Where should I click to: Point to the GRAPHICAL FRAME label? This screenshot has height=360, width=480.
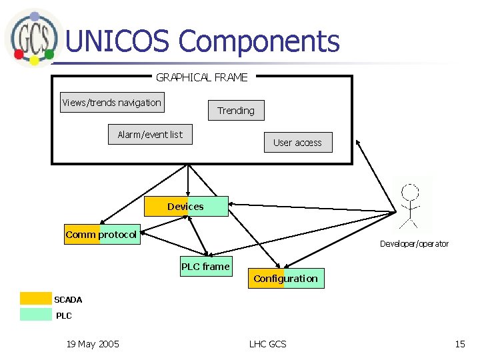pyautogui.click(x=201, y=77)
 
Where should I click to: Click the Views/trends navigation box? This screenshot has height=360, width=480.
pyautogui.click(x=111, y=103)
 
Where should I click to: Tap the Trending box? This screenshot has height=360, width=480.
pyautogui.click(x=235, y=111)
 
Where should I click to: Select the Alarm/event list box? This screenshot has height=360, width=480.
pyautogui.click(x=150, y=135)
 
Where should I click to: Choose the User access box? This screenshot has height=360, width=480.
pyautogui.click(x=297, y=143)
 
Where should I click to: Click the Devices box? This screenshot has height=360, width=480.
pyautogui.click(x=186, y=207)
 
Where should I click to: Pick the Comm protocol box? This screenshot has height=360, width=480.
pyautogui.click(x=101, y=235)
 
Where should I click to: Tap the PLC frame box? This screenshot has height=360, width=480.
pyautogui.click(x=205, y=267)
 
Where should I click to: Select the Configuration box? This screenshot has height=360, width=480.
pyautogui.click(x=286, y=279)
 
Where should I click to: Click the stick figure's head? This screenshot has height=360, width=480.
pyautogui.click(x=411, y=193)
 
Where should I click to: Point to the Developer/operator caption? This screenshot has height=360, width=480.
pyautogui.click(x=414, y=244)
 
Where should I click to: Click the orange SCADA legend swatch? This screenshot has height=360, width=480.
pyautogui.click(x=35, y=299)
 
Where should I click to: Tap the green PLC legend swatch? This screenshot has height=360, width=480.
pyautogui.click(x=35, y=314)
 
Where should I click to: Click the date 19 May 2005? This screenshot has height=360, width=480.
pyautogui.click(x=93, y=344)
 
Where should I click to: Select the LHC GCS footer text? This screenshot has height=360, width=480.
pyautogui.click(x=267, y=344)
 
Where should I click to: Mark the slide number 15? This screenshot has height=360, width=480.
pyautogui.click(x=460, y=344)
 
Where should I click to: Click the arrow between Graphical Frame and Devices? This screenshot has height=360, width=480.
pyautogui.click(x=189, y=180)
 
